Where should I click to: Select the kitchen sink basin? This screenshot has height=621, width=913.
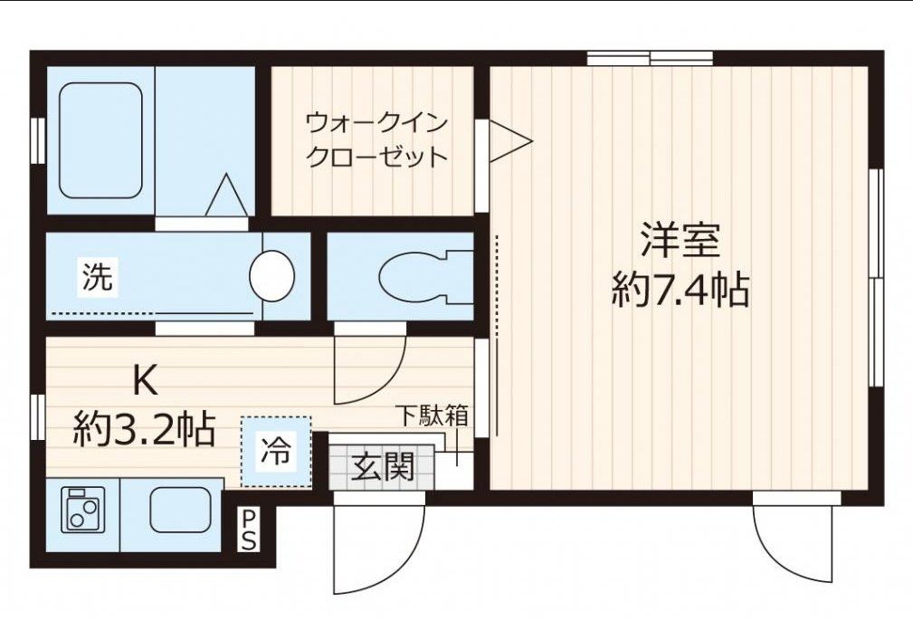[x=179, y=510]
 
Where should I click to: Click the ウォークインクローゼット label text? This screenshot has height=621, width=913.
[x=376, y=139]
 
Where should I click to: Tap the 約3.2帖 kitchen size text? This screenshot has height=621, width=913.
[x=145, y=428]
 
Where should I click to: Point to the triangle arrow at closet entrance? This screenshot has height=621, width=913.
[x=508, y=143]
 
